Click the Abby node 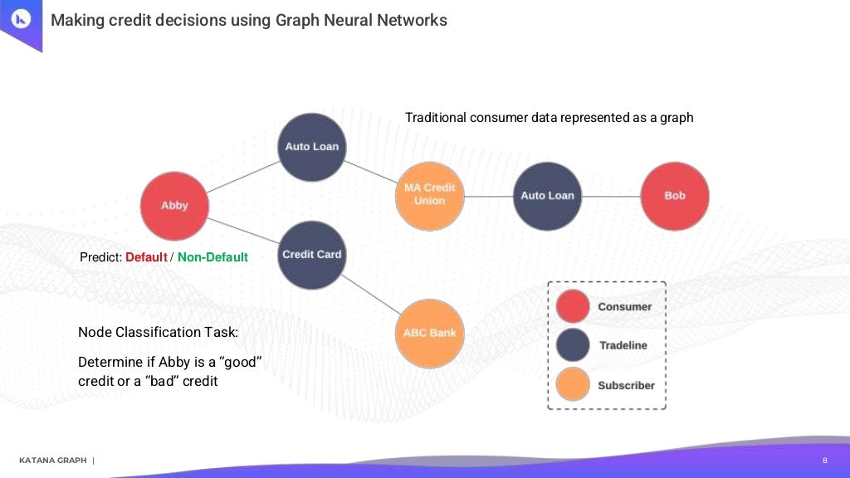173,206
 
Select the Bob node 675,196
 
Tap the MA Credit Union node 430,195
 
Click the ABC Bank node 430,333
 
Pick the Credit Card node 311,255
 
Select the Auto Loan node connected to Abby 311,147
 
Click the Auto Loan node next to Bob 547,196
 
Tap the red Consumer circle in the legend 573,306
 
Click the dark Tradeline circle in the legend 573,345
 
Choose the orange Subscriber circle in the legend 573,385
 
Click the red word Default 146,257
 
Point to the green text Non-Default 212,257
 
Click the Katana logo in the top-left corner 20,20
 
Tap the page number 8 824,461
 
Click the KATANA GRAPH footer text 52,461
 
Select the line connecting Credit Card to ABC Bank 372,296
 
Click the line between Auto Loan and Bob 611,196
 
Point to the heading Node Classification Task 158,332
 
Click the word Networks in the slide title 412,20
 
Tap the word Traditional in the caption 436,118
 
